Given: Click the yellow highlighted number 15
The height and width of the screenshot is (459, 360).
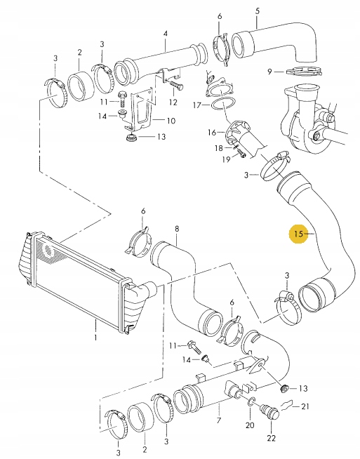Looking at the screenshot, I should point(300,233).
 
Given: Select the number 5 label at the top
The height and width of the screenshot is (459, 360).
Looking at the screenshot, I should point(257,10).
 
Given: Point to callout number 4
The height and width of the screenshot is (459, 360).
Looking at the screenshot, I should point(166,34).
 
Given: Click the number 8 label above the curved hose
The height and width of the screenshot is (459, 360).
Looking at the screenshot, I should point(177,229).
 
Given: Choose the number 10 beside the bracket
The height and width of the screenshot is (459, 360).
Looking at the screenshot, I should point(170,121).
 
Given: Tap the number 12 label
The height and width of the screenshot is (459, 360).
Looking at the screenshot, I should point(173,102).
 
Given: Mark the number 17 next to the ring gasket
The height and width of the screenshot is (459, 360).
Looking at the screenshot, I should point(198,105).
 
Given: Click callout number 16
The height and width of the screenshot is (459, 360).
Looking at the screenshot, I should point(211,132).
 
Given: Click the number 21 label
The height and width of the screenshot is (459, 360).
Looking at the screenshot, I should point(305,406).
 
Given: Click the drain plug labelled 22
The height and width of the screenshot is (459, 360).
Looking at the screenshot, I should point(267,411).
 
